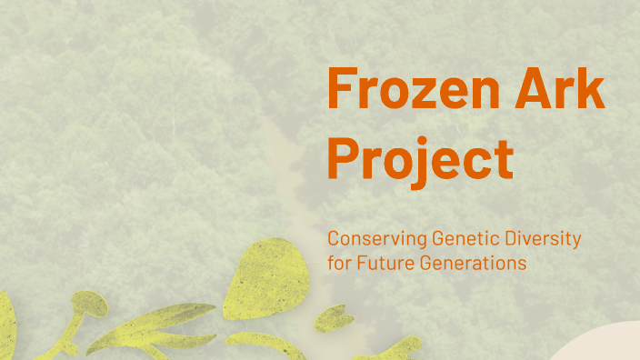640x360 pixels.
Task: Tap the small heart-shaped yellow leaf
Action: coord(335,315)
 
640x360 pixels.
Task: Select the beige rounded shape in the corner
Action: coord(600,346)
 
